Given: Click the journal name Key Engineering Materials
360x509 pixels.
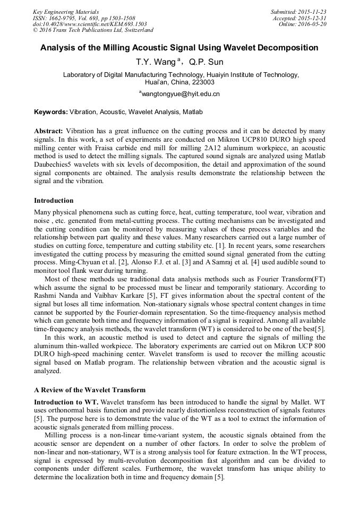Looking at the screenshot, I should (x=66, y=12).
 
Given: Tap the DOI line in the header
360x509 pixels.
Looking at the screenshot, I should (x=90, y=24).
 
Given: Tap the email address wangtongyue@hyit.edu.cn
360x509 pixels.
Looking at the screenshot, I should (x=181, y=94).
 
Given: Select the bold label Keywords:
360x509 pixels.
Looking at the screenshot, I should (x=51, y=113).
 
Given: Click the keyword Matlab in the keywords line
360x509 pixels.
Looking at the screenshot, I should (x=193, y=113).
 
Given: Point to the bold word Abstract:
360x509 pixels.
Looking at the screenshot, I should (x=49, y=131).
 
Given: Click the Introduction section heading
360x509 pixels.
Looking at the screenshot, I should (x=54, y=201).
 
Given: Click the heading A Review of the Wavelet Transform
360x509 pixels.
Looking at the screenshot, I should (x=89, y=390).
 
